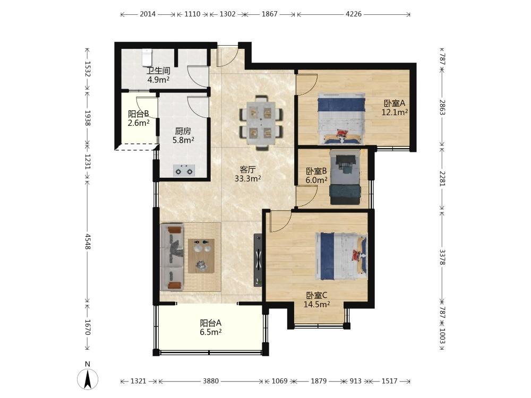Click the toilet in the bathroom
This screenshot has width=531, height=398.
(x=147, y=57)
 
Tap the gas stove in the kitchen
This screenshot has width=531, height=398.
(x=184, y=170)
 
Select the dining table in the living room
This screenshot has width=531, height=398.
(x=261, y=123)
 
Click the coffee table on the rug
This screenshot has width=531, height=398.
(x=201, y=256)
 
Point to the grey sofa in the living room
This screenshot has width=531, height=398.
(x=172, y=257)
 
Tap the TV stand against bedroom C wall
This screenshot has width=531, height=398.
(x=258, y=260)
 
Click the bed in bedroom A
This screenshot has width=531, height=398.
(x=341, y=118)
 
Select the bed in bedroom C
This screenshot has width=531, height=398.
(x=341, y=256)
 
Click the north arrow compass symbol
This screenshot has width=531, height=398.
(x=88, y=379)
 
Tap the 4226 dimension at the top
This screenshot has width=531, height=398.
(x=354, y=14)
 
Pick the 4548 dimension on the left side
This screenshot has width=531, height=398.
(x=88, y=241)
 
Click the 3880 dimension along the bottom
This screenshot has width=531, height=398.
(x=211, y=381)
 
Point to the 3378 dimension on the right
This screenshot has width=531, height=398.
(x=442, y=257)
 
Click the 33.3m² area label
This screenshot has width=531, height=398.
(x=248, y=178)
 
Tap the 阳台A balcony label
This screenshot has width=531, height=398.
(x=211, y=323)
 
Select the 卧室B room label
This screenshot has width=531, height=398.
(x=316, y=171)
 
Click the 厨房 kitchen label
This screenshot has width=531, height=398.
(x=183, y=131)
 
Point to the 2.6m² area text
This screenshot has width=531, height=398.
(x=139, y=123)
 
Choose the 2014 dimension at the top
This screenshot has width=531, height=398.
(x=148, y=14)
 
